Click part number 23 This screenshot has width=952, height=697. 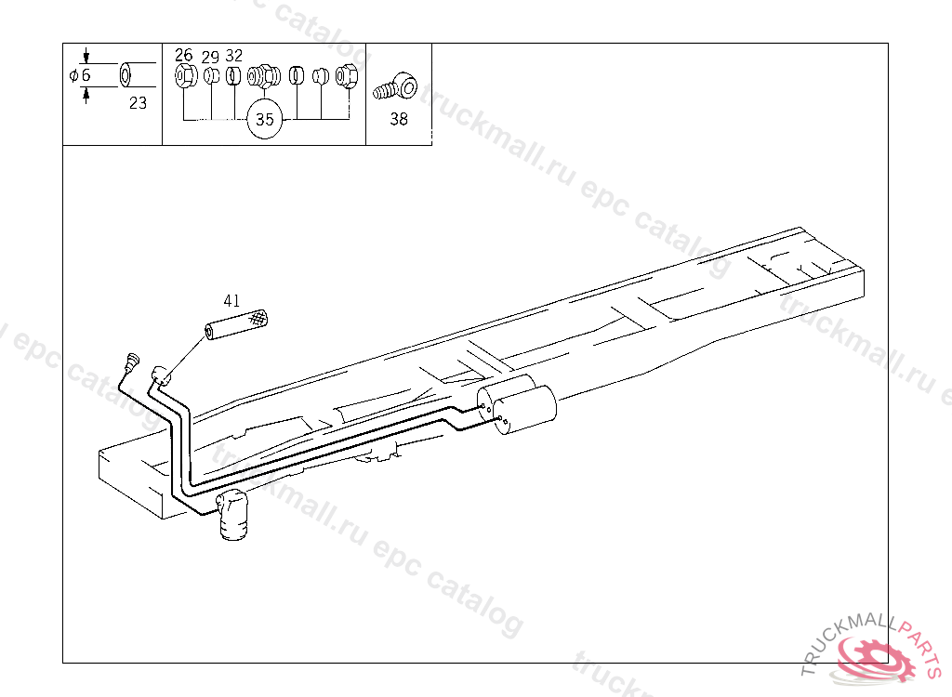point(138,103)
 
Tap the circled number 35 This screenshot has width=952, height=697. point(265,120)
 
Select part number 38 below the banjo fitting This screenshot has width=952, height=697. point(399,119)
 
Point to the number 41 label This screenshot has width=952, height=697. point(231,300)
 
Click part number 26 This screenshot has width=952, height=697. point(184,56)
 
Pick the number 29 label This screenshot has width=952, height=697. point(210,56)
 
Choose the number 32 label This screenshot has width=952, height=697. point(234,56)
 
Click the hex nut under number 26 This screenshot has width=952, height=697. point(185,74)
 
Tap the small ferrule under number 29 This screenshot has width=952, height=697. point(211,75)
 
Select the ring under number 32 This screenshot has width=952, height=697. point(233,75)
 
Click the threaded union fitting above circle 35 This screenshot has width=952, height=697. point(265,75)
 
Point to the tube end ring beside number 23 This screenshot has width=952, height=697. point(134,74)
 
